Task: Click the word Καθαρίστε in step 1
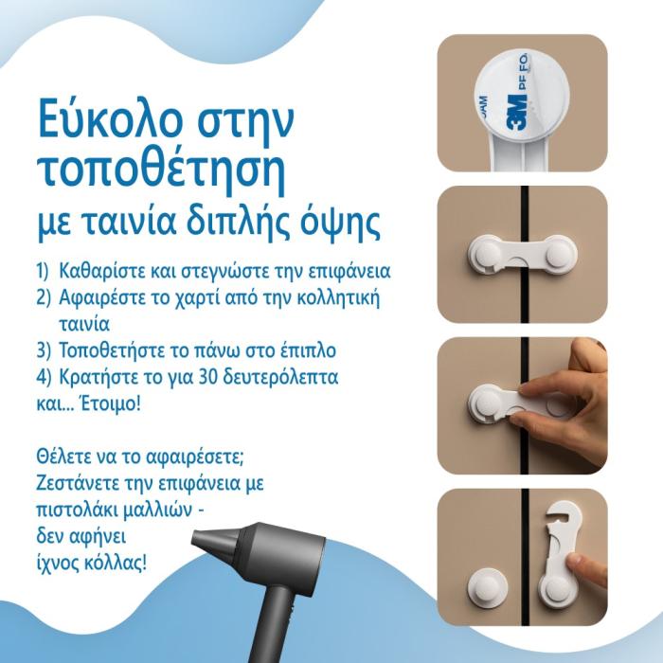102,271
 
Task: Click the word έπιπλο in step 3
309,351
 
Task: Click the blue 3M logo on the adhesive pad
517,112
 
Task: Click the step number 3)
44,351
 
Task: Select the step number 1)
43,271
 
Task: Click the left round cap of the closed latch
487,256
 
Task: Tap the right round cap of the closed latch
559,255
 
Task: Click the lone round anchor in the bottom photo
487,588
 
